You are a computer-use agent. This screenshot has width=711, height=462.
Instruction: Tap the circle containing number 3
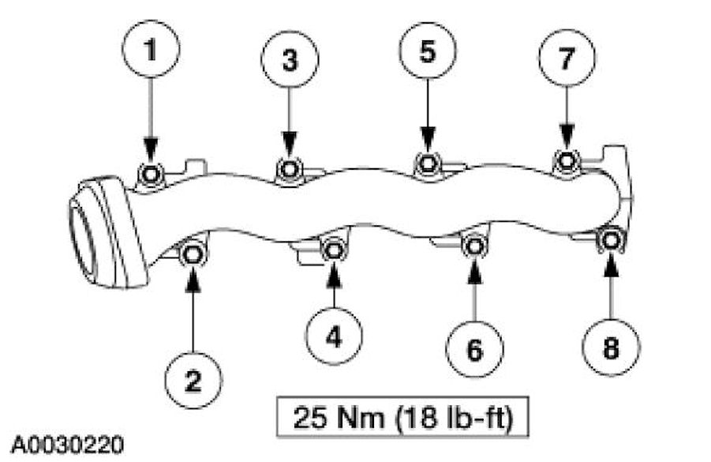pos(290,61)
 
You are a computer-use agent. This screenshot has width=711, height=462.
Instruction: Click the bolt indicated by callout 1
pos(151,173)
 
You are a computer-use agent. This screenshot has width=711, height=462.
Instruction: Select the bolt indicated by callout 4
pos(334,250)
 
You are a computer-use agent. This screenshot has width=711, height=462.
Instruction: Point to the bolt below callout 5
pos(428,163)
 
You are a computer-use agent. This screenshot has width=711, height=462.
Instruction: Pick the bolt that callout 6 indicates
pos(473,246)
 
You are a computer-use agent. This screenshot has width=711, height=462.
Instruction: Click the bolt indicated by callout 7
pos(567,161)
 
